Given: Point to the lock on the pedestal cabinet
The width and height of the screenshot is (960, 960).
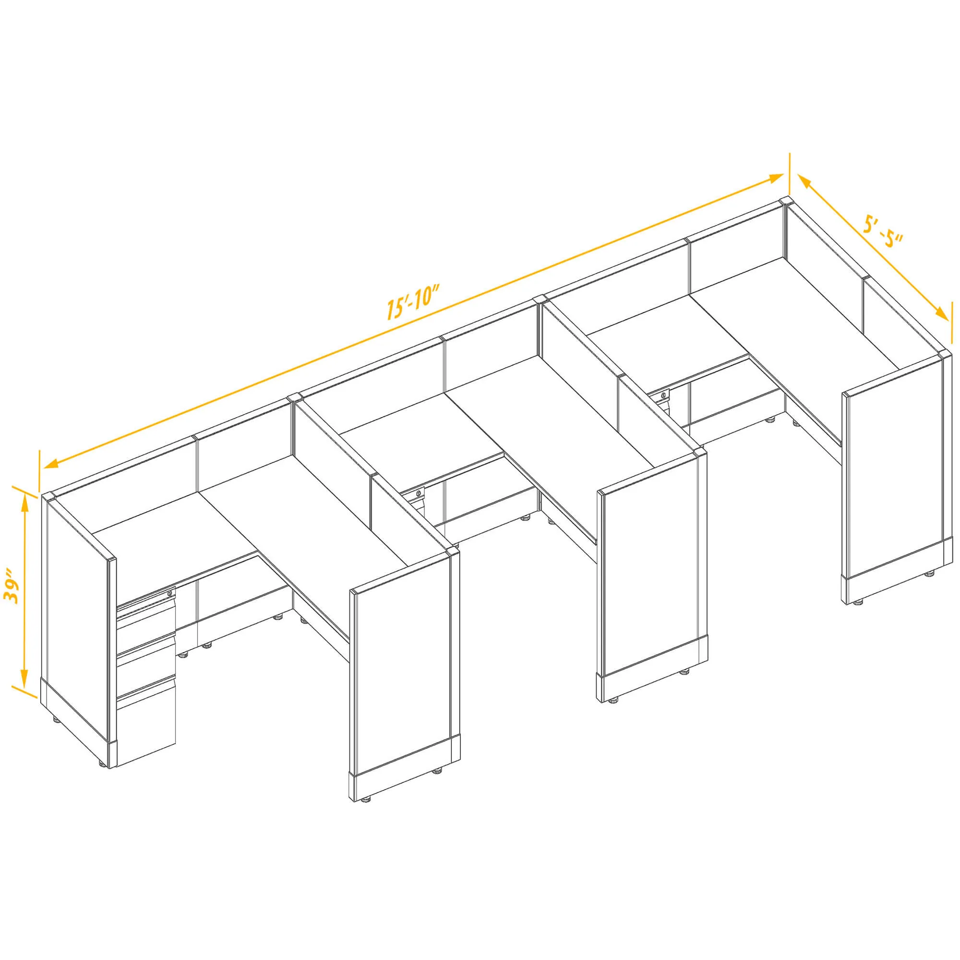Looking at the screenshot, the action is tap(170, 594).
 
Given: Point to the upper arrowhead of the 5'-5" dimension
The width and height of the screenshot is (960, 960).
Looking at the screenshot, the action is tap(805, 182).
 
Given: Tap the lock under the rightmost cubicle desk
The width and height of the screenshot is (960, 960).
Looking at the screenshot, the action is tap(664, 396).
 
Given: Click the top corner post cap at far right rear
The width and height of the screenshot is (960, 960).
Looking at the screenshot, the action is tap(786, 201).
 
